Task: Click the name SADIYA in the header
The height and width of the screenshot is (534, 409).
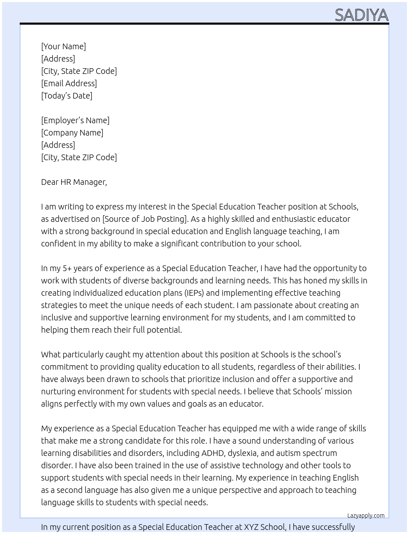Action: [x=361, y=15]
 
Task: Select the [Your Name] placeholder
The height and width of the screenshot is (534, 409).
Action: [x=63, y=46]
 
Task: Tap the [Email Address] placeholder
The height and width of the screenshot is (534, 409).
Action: [x=69, y=83]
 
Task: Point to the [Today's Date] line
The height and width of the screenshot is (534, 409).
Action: [x=67, y=96]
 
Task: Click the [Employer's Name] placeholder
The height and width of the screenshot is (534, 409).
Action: [x=75, y=120]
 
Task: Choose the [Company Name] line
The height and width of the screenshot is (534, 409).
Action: [x=72, y=133]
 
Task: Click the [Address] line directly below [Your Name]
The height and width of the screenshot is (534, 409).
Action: [x=58, y=59]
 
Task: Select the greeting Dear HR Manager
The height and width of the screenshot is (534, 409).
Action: [x=74, y=182]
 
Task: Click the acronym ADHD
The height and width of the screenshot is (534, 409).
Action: [x=213, y=453]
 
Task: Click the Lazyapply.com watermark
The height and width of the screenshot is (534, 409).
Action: [x=366, y=516]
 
